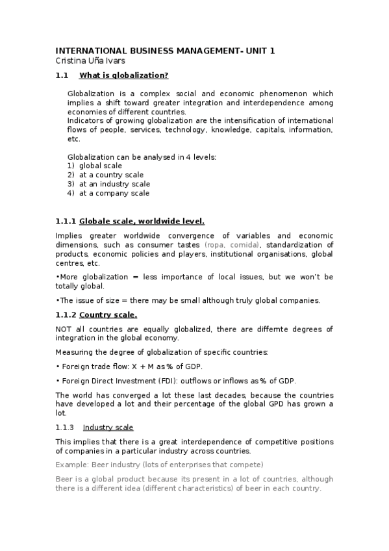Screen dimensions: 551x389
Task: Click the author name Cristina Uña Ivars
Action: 90,60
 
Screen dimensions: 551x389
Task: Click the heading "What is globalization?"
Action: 124,75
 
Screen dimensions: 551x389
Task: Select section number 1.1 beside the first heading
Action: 62,75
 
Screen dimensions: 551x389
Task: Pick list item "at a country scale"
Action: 111,175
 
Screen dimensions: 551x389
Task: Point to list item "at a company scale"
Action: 114,193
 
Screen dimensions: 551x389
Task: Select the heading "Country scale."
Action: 108,315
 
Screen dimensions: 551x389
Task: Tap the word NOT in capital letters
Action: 64,329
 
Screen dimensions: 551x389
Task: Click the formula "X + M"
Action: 138,366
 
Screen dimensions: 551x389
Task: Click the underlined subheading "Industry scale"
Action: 108,427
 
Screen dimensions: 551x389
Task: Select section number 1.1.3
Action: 65,427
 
